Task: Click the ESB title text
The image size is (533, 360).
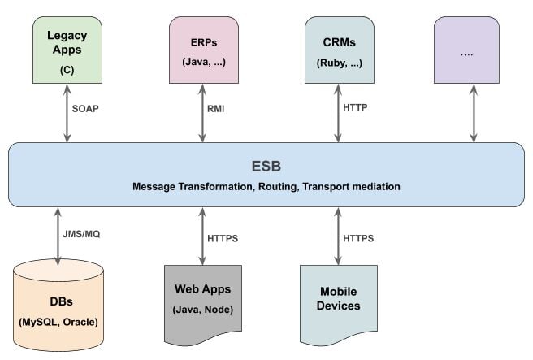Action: pos(266,167)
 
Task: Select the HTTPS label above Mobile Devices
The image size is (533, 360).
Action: pos(357,238)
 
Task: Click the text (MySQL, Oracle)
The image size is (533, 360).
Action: pos(58,322)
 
